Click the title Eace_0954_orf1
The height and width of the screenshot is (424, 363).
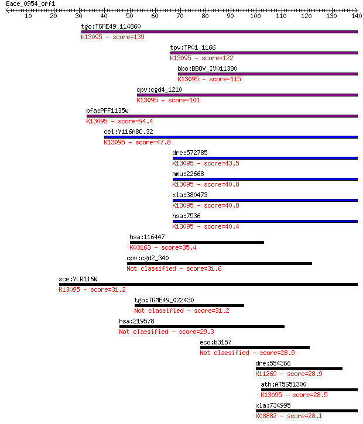point(30,4)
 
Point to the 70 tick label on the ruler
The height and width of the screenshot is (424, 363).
point(180,16)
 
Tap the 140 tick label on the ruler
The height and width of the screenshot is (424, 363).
point(357,16)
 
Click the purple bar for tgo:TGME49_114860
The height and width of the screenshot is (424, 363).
point(219,32)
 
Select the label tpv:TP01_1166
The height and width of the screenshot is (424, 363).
point(193,47)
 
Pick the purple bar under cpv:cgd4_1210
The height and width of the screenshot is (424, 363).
point(247,95)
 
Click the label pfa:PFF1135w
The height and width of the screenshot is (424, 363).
point(107,111)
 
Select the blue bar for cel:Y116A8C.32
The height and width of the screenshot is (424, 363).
point(231,137)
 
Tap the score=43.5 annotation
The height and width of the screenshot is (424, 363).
point(221,163)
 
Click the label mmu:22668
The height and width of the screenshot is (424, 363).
point(188,174)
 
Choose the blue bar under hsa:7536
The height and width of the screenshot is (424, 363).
point(265,222)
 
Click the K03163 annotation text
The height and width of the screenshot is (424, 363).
point(140,248)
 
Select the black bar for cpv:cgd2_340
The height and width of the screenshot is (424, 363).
point(219,264)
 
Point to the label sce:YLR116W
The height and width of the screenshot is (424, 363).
point(78,279)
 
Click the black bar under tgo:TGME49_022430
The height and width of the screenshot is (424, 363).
point(189,306)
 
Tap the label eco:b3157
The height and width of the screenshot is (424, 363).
point(215,342)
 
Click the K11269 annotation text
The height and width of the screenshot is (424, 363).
point(266,374)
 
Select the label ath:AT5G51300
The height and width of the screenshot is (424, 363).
point(283,384)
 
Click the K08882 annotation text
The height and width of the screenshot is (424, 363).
point(266,416)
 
